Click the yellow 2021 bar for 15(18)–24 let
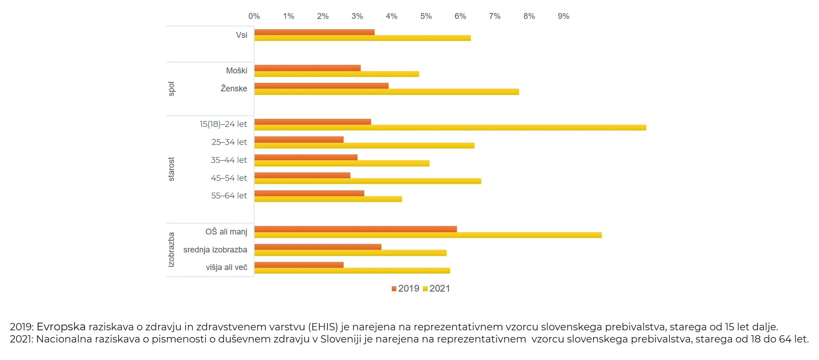pyautogui.click(x=450, y=128)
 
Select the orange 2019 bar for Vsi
pyautogui.click(x=314, y=32)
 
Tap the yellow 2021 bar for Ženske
pyautogui.click(x=386, y=92)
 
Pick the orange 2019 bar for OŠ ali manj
pyautogui.click(x=355, y=229)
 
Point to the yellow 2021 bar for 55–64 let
pyautogui.click(x=328, y=199)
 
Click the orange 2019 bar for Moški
pyautogui.click(x=307, y=68)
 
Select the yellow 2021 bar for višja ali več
pyautogui.click(x=352, y=270)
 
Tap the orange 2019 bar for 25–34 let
pyautogui.click(x=299, y=139)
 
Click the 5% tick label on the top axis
pyautogui.click(x=426, y=16)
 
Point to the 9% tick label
pyautogui.click(x=564, y=16)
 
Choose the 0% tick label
pyautogui.click(x=254, y=16)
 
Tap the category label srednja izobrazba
pyautogui.click(x=215, y=250)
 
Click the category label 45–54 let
pyautogui.click(x=228, y=178)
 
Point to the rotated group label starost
pyautogui.click(x=171, y=169)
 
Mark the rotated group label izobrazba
pyautogui.click(x=171, y=250)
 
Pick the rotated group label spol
pyautogui.click(x=171, y=89)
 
